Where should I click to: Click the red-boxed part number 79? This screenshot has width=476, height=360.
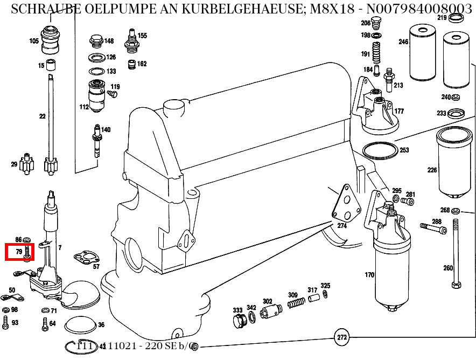tap(19, 252)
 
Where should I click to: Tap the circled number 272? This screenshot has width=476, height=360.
tap(341, 338)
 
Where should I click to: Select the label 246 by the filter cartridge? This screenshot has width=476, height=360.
tap(403, 41)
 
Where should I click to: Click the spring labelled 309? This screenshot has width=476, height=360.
tap(293, 304)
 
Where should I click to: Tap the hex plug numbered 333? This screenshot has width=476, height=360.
tap(239, 321)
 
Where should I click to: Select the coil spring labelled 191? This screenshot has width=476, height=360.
tap(377, 54)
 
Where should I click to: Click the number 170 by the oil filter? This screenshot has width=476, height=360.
tap(369, 275)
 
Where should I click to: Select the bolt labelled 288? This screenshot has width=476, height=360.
tap(430, 228)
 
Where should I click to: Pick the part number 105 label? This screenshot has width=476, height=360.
tap(34, 41)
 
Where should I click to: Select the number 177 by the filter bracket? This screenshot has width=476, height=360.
tap(399, 112)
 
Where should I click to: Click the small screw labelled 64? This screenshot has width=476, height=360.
tap(45, 323)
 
